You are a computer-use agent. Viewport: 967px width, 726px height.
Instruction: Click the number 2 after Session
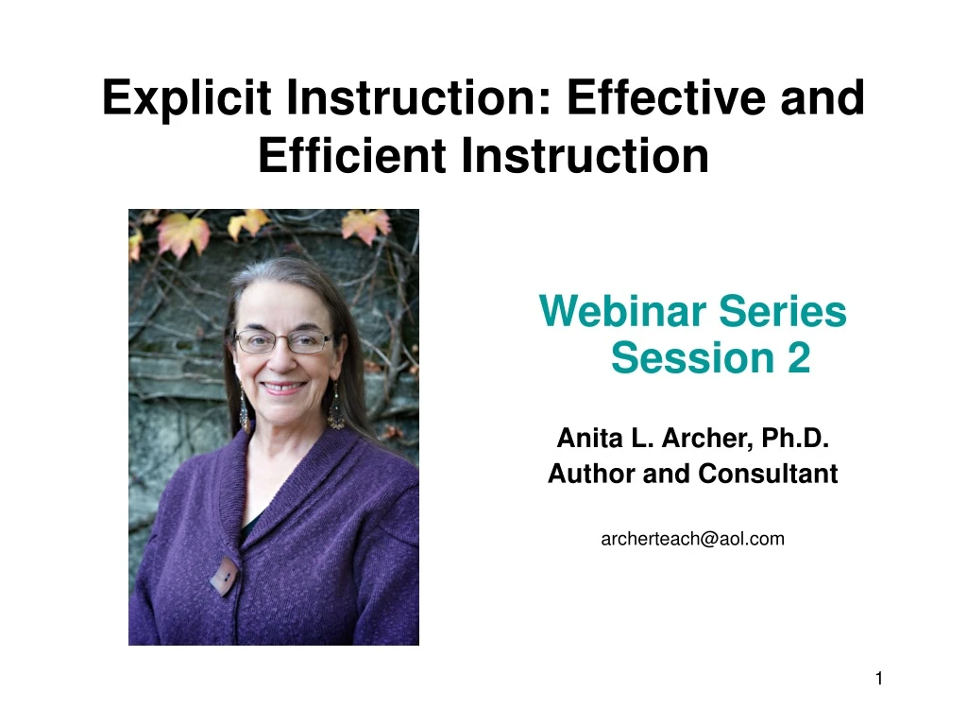coord(798,358)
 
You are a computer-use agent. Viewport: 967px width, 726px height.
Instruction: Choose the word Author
coord(591,474)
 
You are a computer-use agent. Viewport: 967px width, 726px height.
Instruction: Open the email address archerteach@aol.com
coord(692,539)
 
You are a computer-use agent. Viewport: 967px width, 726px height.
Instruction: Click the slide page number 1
coord(878,678)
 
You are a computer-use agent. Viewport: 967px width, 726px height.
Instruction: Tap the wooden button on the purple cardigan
coord(225,576)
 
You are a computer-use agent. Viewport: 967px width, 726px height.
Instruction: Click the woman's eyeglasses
coord(282,341)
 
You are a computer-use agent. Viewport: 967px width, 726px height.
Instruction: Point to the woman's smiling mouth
coord(284,388)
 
